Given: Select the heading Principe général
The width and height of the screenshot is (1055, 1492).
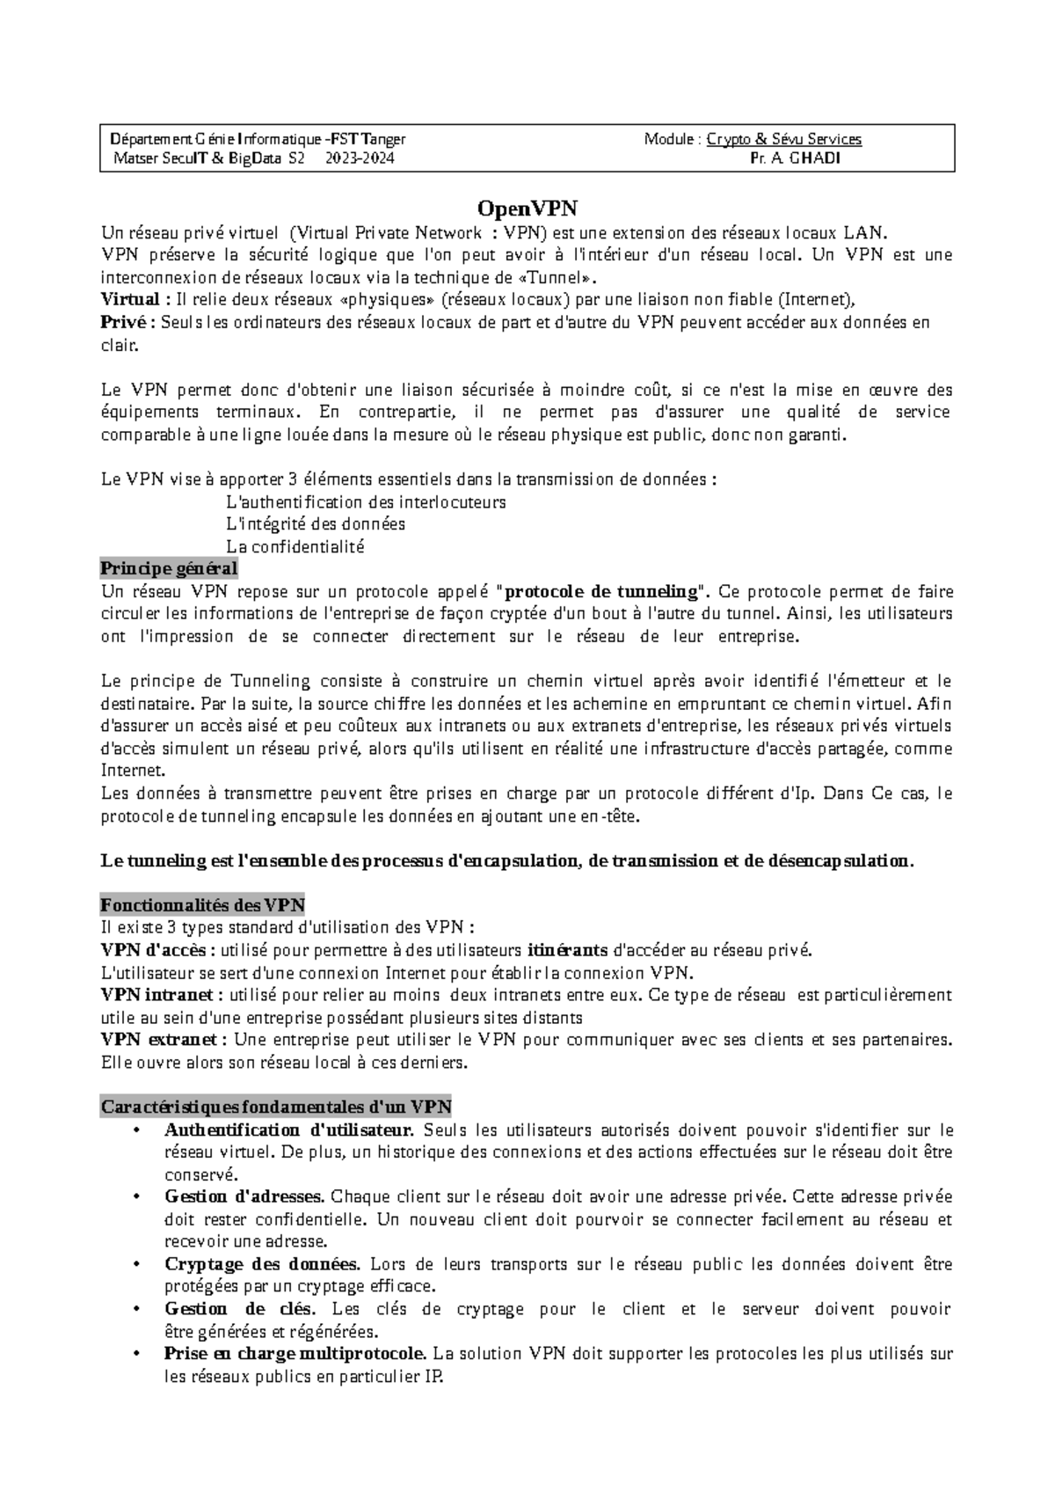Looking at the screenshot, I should pos(169,568).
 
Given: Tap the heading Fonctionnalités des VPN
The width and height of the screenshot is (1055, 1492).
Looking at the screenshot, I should pos(202,905).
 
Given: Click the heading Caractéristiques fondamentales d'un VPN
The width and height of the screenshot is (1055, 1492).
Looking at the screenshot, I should pos(276,1107).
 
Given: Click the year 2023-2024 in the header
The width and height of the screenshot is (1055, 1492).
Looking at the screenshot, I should pos(360,159).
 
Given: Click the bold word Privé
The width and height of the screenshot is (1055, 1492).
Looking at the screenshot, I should pos(124,323).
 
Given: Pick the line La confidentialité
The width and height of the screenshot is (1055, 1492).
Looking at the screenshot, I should pos(295,546).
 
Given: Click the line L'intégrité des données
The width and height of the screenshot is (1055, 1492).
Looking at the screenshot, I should pos(316,524).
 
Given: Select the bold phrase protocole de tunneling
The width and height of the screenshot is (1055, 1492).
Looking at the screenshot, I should pos(602,591).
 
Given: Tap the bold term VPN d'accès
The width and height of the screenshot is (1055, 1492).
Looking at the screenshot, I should pos(153,950).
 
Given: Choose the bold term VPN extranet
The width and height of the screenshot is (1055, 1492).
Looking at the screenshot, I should pos(159,1040).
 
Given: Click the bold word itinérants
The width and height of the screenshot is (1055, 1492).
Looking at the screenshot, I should pos(567,950).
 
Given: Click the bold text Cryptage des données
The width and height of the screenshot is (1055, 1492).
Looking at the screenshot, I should pos(262,1264).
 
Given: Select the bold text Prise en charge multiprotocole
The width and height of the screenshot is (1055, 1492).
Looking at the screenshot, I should pos(295,1354).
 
